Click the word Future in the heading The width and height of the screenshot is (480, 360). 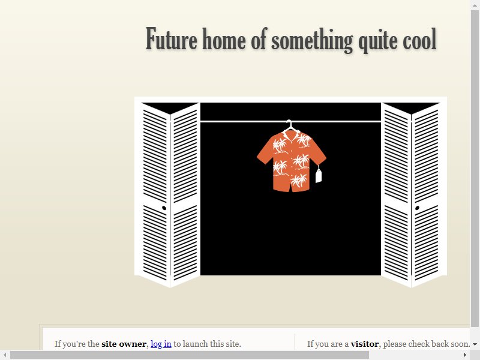tap(172, 38)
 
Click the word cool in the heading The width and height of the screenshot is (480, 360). tap(419, 39)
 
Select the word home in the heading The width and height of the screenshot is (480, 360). tap(224, 38)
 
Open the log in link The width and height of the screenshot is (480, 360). tap(161, 344)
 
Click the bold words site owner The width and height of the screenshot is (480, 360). tap(124, 344)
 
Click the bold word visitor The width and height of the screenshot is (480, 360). tap(365, 344)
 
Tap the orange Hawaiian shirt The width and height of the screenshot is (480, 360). tap(292, 161)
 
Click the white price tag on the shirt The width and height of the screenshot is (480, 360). tap(319, 176)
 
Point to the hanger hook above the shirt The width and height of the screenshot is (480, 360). tap(289, 124)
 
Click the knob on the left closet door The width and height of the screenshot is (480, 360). tap(164, 208)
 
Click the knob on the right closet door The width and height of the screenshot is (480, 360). tap(417, 208)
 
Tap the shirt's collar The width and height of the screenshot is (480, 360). tap(291, 134)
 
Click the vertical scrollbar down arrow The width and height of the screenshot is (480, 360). tap(475, 344)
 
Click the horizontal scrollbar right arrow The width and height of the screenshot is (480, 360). tap(465, 355)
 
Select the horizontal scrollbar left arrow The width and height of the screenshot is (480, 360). tap(5, 355)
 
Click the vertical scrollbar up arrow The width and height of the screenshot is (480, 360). tap(475, 5)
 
